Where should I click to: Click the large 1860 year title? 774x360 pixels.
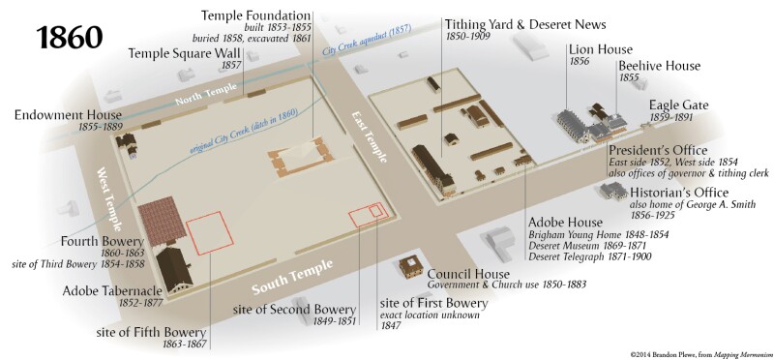70,38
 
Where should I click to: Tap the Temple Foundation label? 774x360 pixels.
255,15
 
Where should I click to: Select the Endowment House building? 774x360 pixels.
127,142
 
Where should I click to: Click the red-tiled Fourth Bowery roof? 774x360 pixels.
162,221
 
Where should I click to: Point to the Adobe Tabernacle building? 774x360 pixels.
174,269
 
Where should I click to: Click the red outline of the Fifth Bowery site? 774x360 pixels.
210,232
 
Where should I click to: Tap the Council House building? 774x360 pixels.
411,267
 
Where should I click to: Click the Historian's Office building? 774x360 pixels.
613,190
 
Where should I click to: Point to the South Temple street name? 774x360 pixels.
292,277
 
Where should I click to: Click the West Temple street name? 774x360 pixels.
109,199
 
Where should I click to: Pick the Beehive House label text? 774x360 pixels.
660,66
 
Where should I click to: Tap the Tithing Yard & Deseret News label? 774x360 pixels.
525,24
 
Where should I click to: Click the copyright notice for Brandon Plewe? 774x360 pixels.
700,354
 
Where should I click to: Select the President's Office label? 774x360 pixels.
658,150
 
